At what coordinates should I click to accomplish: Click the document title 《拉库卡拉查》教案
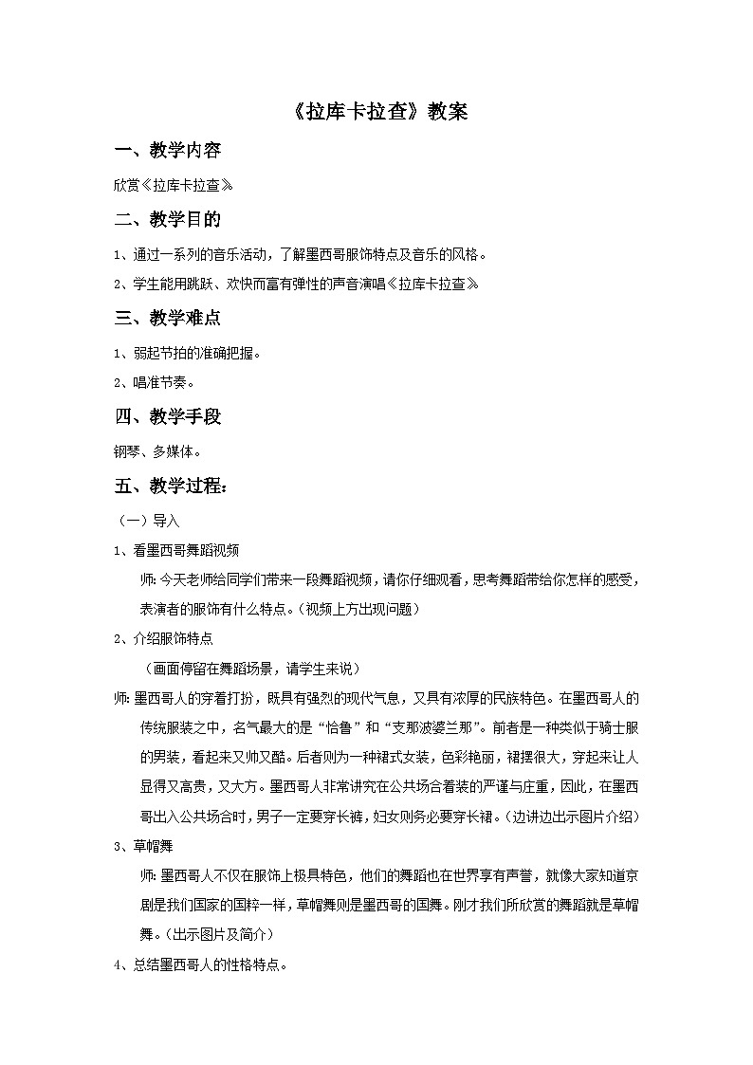(x=376, y=111)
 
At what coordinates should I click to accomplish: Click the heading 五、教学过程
(x=171, y=487)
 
